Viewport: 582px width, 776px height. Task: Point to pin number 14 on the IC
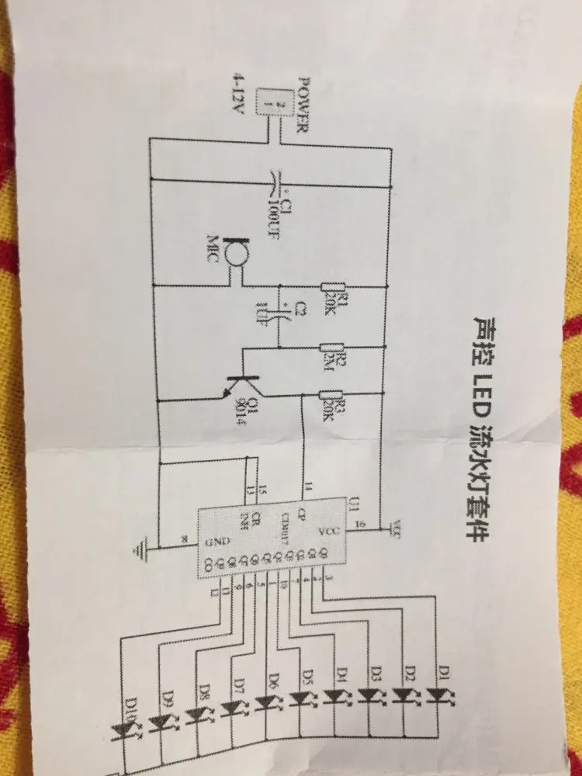(307, 489)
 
